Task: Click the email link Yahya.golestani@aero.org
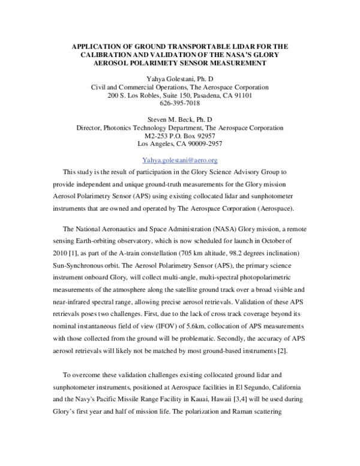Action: pyautogui.click(x=179, y=160)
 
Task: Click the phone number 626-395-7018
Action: pyautogui.click(x=179, y=103)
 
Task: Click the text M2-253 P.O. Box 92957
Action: pyautogui.click(x=179, y=136)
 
